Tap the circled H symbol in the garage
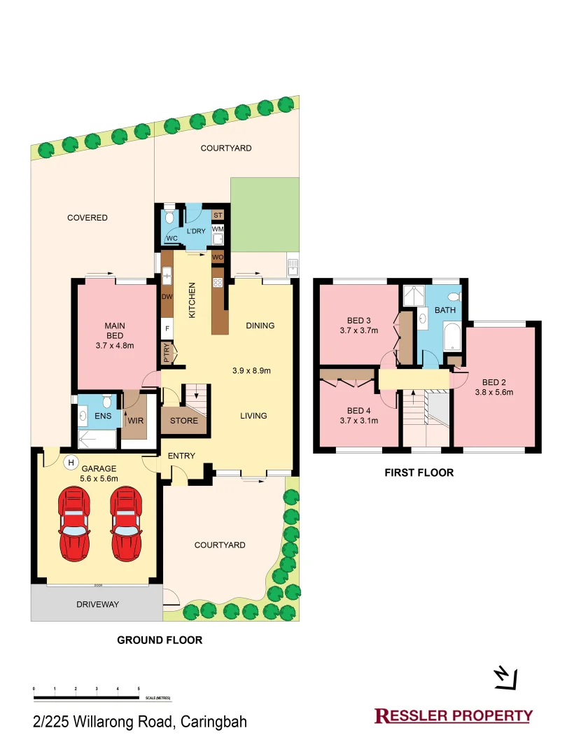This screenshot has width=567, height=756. pos(70,462)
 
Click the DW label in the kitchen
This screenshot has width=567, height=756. pos(167,297)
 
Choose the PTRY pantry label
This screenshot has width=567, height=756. pos(167,351)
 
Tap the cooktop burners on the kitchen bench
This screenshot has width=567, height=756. pos(218,283)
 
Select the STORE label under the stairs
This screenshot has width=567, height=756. pos(183,421)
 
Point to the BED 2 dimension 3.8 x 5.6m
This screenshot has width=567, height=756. pos(493,393)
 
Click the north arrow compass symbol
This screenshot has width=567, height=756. pos(505,676)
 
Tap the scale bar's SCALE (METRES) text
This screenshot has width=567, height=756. pos(157,698)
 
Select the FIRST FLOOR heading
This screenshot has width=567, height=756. pos(419,472)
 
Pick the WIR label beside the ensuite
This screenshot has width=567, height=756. pos(135,421)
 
